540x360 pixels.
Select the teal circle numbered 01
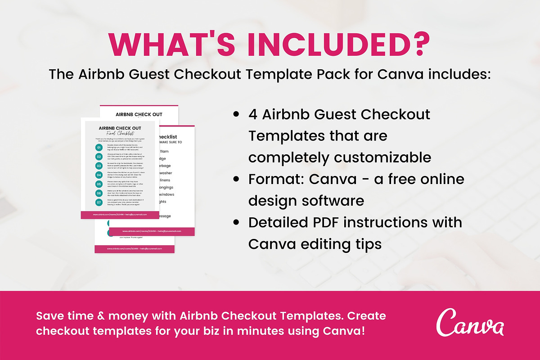pyautogui.click(x=99, y=148)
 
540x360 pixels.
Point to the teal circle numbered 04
pyautogui.click(x=99, y=175)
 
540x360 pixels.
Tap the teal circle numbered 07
pyautogui.click(x=99, y=202)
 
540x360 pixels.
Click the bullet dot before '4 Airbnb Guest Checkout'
pyautogui.click(x=236, y=115)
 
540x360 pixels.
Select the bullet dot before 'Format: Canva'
pyautogui.click(x=236, y=180)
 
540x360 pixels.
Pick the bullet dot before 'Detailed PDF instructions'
pyautogui.click(x=236, y=223)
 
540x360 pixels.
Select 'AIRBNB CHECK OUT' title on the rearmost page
pyautogui.click(x=139, y=114)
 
